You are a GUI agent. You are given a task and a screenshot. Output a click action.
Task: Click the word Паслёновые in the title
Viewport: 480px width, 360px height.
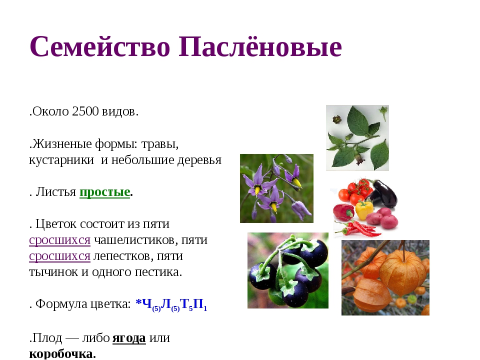[x=259, y=48]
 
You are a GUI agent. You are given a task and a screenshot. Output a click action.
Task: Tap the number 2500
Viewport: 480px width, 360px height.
[x=85, y=111]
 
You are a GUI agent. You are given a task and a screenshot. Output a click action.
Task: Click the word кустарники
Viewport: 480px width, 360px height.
[x=61, y=160]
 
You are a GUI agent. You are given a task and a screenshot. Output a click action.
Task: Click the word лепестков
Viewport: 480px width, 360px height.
[x=122, y=256]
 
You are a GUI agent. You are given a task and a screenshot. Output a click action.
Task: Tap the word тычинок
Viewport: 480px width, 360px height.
[x=52, y=272]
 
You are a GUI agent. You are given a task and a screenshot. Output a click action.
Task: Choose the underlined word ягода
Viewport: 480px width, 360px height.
[x=129, y=338]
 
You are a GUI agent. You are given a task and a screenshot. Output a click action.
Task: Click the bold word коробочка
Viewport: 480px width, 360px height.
[x=61, y=353]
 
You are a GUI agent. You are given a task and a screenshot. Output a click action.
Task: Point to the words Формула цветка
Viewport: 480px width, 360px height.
[x=83, y=304]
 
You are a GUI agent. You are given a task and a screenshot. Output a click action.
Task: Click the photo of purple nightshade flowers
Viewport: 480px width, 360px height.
[x=276, y=188]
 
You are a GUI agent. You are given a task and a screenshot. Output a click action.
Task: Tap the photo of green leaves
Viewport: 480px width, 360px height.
[x=357, y=137]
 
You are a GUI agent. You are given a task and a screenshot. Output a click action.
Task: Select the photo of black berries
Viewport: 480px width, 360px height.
[x=287, y=270]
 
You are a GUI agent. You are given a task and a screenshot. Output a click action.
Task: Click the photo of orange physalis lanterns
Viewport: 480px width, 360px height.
[x=385, y=277]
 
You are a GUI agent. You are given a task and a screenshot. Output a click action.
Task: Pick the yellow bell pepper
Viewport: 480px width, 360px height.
[x=364, y=209]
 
